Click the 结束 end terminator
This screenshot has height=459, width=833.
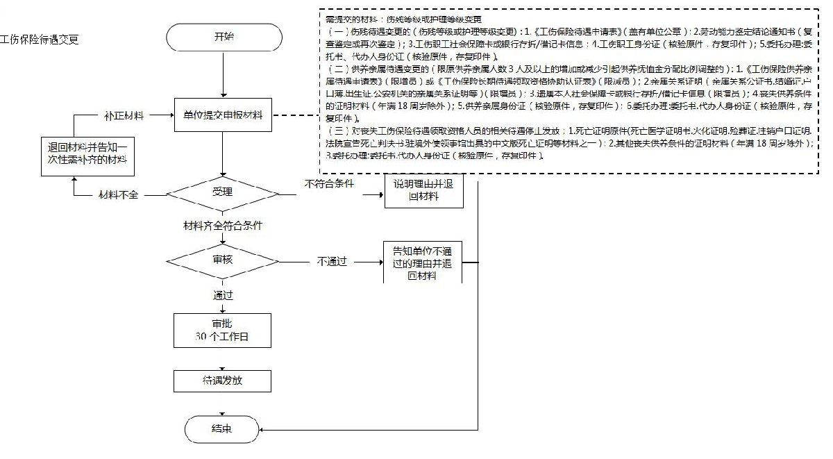click(221, 429)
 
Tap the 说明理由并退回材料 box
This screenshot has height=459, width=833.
click(423, 190)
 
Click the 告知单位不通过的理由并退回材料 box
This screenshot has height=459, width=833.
click(423, 261)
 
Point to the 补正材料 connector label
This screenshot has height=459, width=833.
click(124, 115)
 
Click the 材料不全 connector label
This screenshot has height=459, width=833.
click(119, 194)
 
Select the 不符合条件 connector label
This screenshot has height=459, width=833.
click(330, 184)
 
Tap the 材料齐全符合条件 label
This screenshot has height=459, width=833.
click(221, 226)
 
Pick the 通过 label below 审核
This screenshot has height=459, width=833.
click(222, 294)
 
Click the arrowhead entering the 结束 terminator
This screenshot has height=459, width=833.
click(262, 430)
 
